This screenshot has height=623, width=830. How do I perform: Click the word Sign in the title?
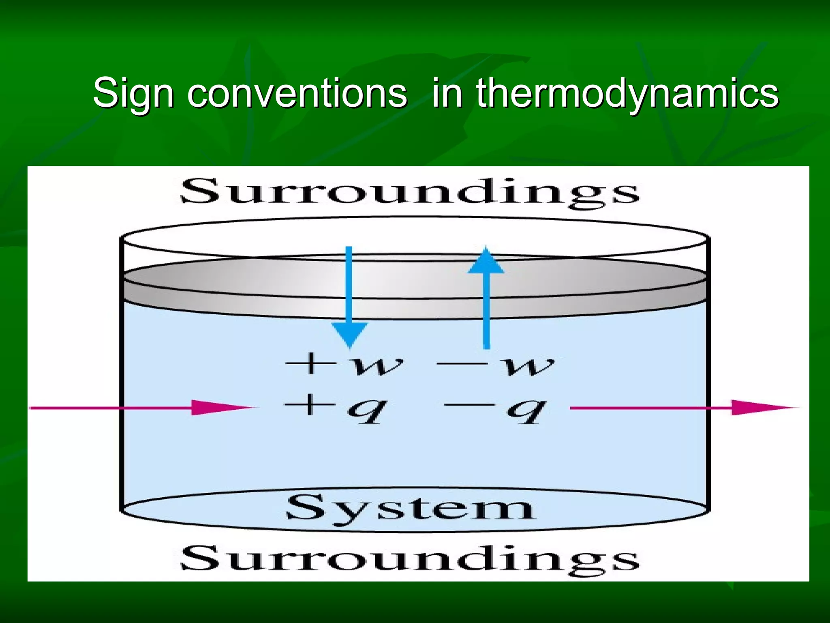point(133,94)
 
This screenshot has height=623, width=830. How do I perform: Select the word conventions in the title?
point(297,94)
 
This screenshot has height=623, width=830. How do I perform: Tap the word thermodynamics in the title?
point(627,94)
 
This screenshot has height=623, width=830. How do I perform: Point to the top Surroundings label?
point(409,192)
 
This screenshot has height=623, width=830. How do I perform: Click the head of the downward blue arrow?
point(349,334)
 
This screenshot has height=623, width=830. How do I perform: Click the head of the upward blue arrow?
point(486,260)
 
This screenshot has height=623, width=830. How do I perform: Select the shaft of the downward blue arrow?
point(349,284)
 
